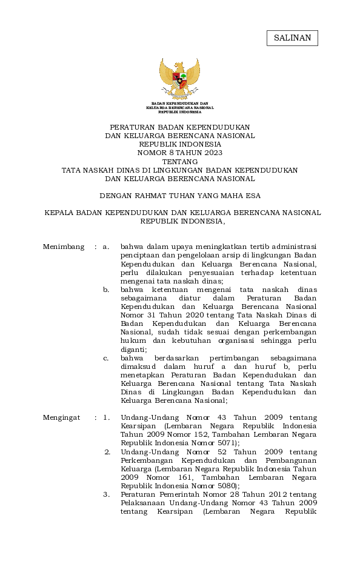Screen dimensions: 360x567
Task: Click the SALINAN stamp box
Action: tap(292, 38)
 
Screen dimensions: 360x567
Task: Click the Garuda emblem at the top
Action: tap(179, 79)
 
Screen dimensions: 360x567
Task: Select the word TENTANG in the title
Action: tap(179, 162)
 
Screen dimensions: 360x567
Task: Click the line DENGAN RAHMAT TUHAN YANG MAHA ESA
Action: tap(179, 196)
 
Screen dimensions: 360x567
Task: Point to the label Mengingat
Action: tap(62, 417)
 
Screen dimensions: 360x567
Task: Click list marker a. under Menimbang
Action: tap(106, 247)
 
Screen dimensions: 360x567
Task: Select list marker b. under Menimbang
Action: tap(106, 290)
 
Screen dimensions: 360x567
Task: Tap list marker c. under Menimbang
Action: tap(106, 358)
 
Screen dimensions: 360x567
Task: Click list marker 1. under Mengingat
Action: tap(107, 417)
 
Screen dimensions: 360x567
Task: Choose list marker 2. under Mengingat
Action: tap(107, 452)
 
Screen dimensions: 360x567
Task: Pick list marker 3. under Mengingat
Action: tap(107, 494)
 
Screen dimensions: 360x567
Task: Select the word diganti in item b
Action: tap(133, 349)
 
